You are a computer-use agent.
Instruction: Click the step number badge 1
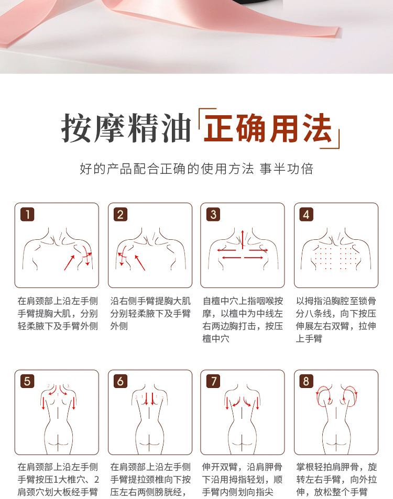click(x=27, y=214)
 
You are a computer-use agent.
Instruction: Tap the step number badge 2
click(x=121, y=214)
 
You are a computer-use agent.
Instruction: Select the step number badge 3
click(x=213, y=214)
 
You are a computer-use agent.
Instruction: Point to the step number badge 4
click(x=307, y=214)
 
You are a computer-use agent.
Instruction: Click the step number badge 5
click(x=27, y=381)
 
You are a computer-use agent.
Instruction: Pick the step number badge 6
click(x=121, y=381)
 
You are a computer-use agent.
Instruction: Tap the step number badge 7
click(x=213, y=381)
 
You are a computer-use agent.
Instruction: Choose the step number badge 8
click(x=307, y=381)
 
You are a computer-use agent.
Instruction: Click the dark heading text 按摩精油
click(x=126, y=128)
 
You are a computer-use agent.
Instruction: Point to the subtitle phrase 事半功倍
click(x=286, y=169)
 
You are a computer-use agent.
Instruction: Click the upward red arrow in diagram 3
click(x=243, y=239)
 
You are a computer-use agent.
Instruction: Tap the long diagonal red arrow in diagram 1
click(x=69, y=263)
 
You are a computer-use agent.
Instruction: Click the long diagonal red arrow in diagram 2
click(x=140, y=263)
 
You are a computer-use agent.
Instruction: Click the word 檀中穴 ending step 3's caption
click(x=215, y=339)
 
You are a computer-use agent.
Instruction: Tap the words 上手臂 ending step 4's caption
click(x=309, y=339)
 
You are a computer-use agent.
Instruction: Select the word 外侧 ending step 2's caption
click(x=119, y=326)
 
